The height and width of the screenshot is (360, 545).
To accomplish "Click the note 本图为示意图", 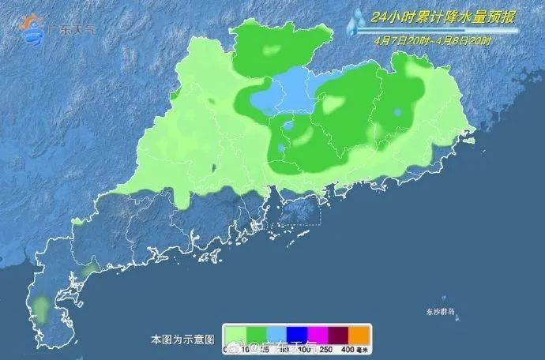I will pyautogui.click(x=182, y=339).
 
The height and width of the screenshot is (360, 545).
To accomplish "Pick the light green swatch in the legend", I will pyautogui.click(x=235, y=333).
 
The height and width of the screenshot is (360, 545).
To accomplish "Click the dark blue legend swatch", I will pyautogui.click(x=307, y=333).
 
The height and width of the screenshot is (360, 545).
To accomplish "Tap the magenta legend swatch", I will pyautogui.click(x=331, y=333).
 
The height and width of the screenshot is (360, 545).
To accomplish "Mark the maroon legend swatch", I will pyautogui.click(x=355, y=333).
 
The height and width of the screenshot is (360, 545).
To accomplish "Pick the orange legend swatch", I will pyautogui.click(x=378, y=333).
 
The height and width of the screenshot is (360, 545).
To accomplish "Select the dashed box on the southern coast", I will pyautogui.click(x=297, y=212).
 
